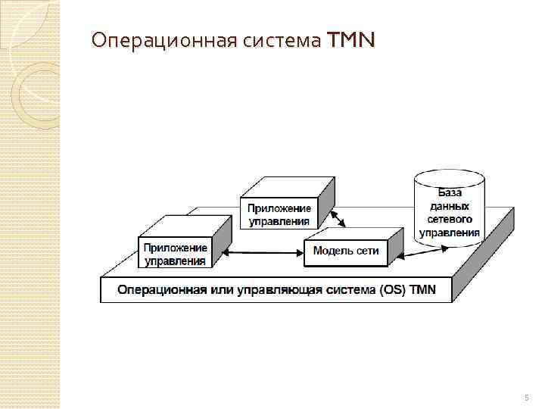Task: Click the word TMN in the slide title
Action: pyautogui.click(x=350, y=39)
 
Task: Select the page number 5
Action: pyautogui.click(x=527, y=397)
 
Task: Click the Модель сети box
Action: pyautogui.click(x=345, y=251)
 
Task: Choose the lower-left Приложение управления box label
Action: pyautogui.click(x=175, y=254)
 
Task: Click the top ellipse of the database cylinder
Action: pyautogui.click(x=450, y=179)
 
